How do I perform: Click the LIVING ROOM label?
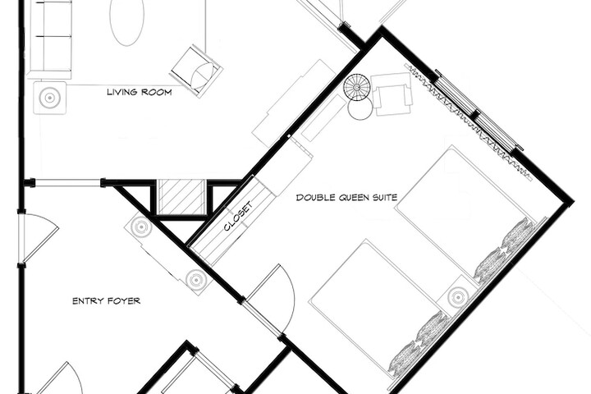click(x=140, y=92)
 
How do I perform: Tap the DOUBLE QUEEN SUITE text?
click(x=346, y=198)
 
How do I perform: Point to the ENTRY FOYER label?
click(x=106, y=301)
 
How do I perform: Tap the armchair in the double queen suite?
click(x=392, y=94)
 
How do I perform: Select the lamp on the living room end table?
click(x=50, y=98)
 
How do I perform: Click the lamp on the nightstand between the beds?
click(x=458, y=296)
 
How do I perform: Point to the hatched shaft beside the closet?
click(x=181, y=197)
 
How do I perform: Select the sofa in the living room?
click(x=50, y=38)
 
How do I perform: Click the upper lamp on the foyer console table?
click(x=140, y=227)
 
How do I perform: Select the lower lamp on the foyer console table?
click(x=196, y=280)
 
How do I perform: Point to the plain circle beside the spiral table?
click(x=360, y=108)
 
